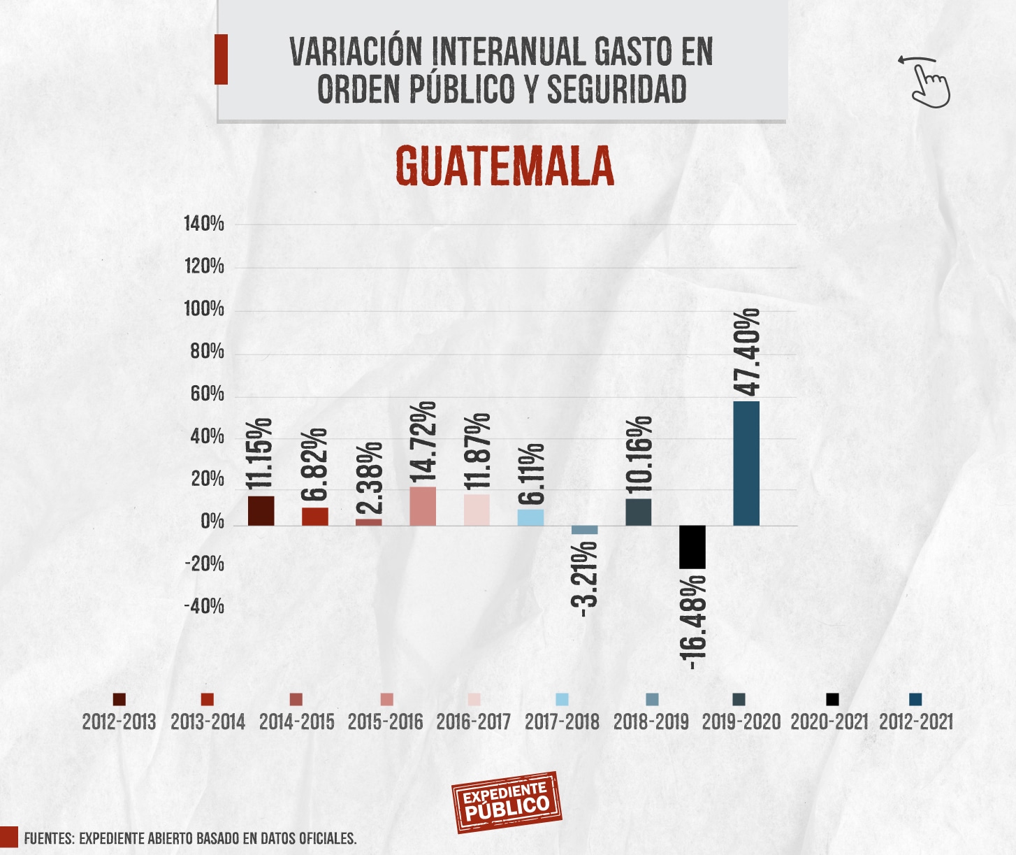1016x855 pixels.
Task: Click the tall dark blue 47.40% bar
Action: click(x=746, y=464)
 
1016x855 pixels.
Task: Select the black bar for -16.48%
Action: click(x=692, y=547)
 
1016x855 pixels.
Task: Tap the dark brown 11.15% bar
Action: click(x=261, y=511)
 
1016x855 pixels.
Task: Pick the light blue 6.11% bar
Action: click(x=530, y=517)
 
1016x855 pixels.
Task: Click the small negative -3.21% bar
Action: click(x=584, y=530)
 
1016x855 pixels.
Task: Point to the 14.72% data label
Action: click(x=423, y=442)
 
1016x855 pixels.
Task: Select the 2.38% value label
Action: click(x=370, y=479)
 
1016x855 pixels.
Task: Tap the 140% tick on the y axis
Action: click(x=203, y=224)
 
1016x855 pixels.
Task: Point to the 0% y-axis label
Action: click(x=212, y=522)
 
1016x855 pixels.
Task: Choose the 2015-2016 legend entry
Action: click(x=386, y=721)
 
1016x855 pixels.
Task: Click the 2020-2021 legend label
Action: click(x=829, y=721)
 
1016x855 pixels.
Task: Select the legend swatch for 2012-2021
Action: click(x=915, y=700)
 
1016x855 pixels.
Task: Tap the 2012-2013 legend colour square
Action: click(x=119, y=700)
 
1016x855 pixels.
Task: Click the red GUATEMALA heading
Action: click(x=505, y=166)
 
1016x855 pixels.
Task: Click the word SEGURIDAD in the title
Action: click(x=616, y=89)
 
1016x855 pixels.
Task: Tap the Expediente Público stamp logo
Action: click(x=507, y=802)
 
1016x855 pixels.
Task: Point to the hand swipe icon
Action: click(x=927, y=82)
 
